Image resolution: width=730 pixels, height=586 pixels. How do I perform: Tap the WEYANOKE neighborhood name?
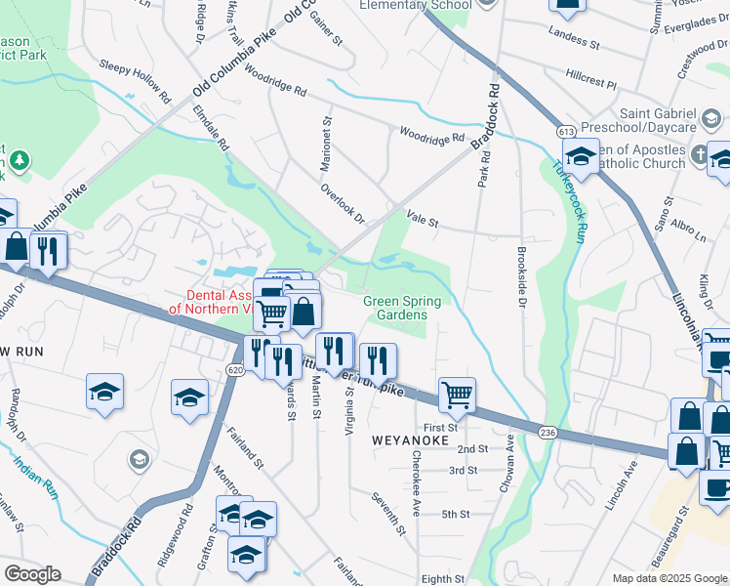410,441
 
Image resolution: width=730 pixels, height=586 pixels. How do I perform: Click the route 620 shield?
234,370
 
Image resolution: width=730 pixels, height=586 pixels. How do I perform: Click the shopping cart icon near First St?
456,394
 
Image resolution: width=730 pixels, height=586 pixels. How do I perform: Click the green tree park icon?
17,161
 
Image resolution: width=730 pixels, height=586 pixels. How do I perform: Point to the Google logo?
31,574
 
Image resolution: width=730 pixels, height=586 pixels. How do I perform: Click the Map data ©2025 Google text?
669,578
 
